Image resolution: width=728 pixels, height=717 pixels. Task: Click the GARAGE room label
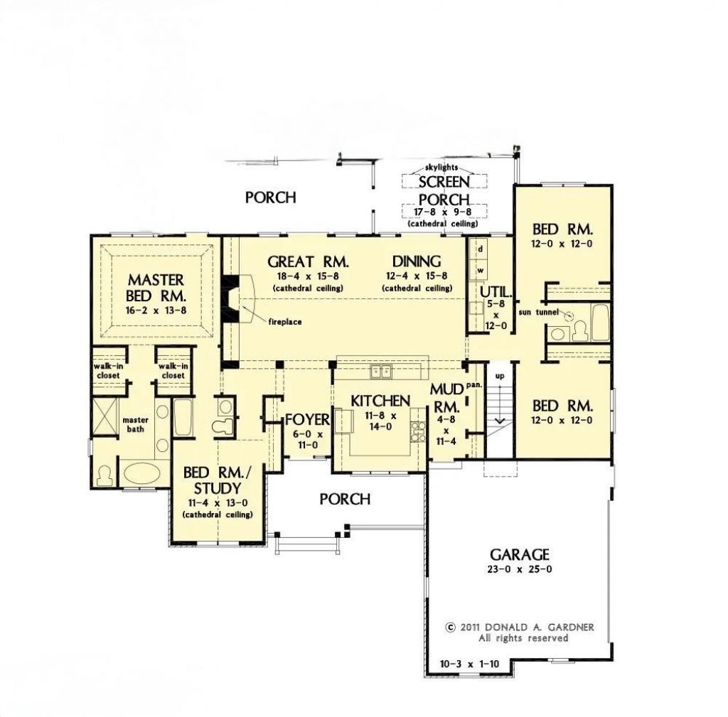[520, 554]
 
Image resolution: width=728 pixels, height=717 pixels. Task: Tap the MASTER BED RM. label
[156, 288]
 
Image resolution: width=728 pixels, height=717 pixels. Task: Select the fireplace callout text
[284, 322]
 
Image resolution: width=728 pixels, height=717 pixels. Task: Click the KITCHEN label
[380, 401]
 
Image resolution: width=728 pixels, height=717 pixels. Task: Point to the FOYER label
[307, 419]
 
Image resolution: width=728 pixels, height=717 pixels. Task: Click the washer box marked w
[481, 270]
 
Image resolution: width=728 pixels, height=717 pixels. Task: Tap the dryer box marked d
[481, 249]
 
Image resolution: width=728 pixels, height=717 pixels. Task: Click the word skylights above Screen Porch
[441, 168]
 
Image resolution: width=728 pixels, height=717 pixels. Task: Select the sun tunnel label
[539, 313]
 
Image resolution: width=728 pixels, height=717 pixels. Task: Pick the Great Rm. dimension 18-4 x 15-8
[309, 276]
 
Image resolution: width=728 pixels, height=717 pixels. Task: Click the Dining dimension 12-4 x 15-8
[417, 276]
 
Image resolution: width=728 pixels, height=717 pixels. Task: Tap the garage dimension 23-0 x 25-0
[520, 569]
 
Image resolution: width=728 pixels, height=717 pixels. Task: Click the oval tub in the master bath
[141, 473]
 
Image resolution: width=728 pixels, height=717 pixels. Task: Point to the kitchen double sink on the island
[381, 372]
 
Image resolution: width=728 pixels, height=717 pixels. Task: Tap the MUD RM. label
[446, 398]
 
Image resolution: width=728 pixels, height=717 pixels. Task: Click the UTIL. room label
[496, 292]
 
